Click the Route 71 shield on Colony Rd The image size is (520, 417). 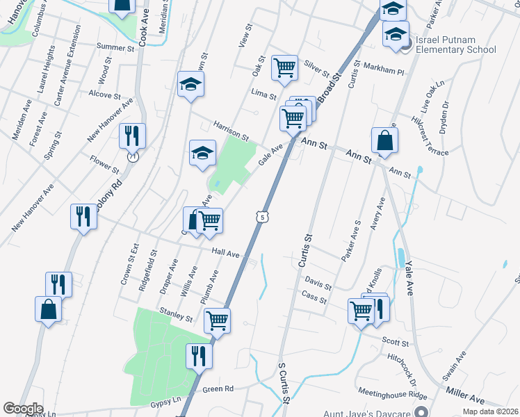point(132,157)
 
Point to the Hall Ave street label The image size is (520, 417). point(226,255)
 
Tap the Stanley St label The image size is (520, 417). point(176,313)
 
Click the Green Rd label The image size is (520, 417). point(218,389)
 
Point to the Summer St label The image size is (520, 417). point(115,48)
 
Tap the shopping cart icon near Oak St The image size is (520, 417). point(284,67)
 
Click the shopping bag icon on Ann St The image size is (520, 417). point(384,140)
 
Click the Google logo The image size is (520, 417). point(23,409)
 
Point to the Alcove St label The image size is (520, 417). point(105,95)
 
